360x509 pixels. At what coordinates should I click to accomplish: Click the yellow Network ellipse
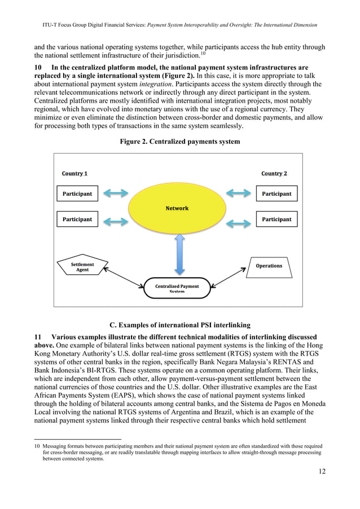click(177, 208)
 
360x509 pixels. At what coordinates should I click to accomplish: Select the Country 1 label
click(74, 173)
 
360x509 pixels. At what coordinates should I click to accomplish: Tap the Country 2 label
click(274, 173)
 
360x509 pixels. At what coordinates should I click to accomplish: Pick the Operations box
click(269, 266)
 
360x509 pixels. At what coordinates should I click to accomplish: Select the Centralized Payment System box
click(177, 287)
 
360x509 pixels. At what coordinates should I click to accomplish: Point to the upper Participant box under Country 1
click(77, 194)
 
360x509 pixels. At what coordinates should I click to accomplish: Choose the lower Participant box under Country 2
click(276, 219)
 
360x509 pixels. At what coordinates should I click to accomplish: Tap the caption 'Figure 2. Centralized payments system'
click(179, 142)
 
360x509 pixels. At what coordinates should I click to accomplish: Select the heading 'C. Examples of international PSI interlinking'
click(179, 324)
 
